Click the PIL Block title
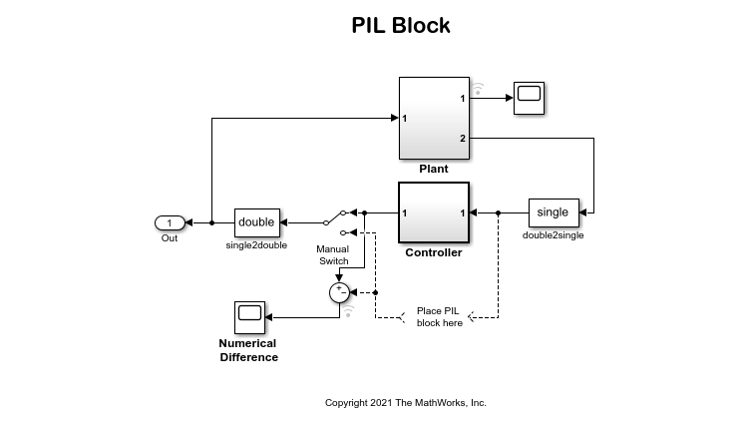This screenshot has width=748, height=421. (x=400, y=26)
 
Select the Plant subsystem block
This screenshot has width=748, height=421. (x=434, y=118)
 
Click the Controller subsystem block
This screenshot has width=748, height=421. (x=434, y=212)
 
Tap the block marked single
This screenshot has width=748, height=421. (x=553, y=212)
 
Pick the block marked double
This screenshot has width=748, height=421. (x=256, y=221)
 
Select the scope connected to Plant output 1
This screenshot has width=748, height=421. (x=530, y=98)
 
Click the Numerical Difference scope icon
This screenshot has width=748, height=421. (x=249, y=317)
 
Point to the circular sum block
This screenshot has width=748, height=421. (x=339, y=291)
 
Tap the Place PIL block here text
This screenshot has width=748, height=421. (x=439, y=316)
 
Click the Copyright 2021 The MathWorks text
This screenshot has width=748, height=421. (x=405, y=403)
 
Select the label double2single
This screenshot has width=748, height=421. (x=553, y=236)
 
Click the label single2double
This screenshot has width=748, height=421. (x=255, y=245)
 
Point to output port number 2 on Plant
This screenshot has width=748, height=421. (x=462, y=137)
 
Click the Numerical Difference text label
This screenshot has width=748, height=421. (x=248, y=350)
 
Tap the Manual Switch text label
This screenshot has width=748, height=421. (x=333, y=255)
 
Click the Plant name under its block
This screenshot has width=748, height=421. (x=434, y=170)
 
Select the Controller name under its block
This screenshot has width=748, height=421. (x=434, y=252)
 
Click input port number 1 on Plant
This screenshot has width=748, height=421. (x=405, y=118)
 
